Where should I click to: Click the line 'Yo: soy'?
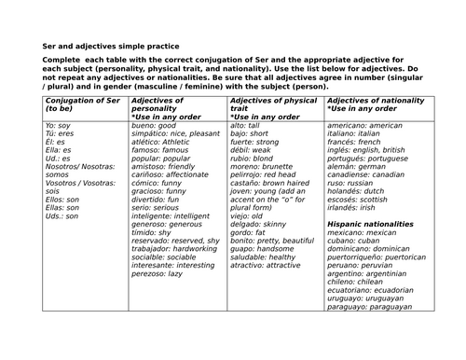pyautogui.click(x=58, y=125)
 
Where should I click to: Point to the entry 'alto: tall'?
pyautogui.click(x=244, y=125)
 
